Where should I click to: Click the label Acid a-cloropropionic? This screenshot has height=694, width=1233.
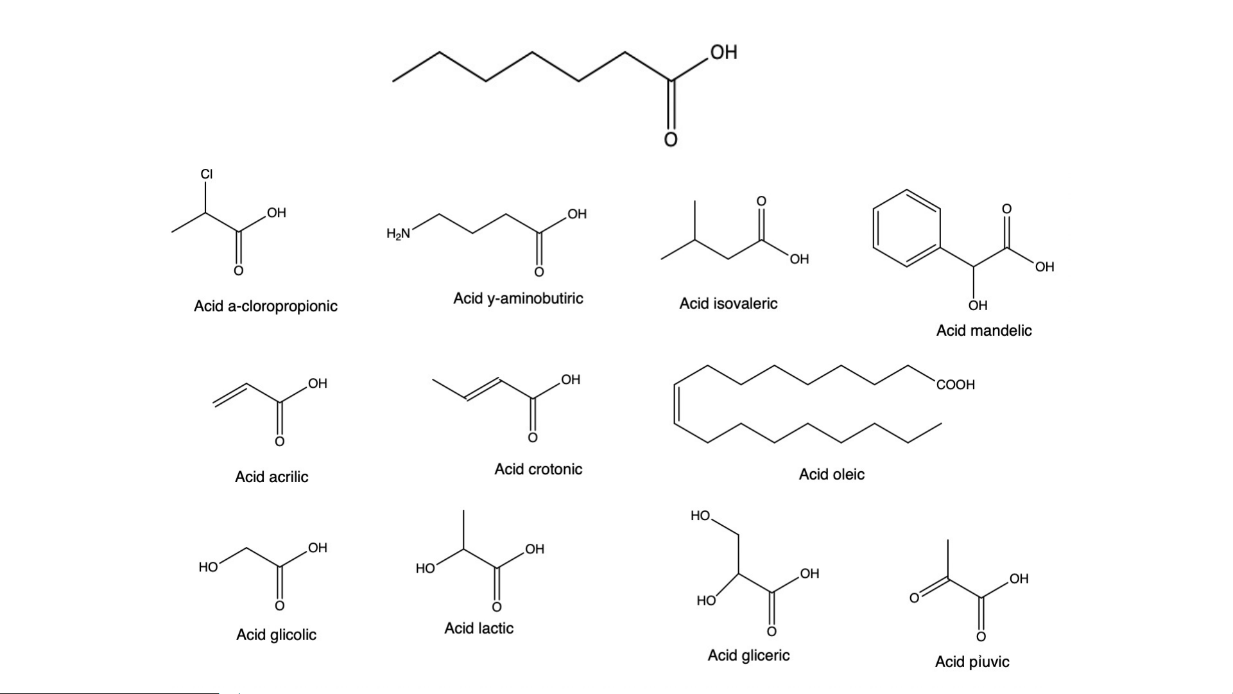[x=266, y=306]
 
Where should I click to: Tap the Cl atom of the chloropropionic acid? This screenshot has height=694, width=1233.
[x=206, y=174]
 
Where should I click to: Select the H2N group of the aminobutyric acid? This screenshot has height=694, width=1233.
[x=398, y=234]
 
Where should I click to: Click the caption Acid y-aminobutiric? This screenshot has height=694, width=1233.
[x=518, y=299]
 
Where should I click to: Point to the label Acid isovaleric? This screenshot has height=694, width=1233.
[x=728, y=304]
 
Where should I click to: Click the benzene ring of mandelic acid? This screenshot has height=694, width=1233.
[x=907, y=228]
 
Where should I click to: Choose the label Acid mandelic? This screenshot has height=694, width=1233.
[x=983, y=331]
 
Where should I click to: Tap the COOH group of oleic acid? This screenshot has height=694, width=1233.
[x=955, y=385]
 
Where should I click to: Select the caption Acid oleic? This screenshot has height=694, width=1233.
[x=831, y=474]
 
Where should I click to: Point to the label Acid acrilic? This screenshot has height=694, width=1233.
[x=272, y=477]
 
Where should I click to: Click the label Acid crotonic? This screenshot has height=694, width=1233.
[x=538, y=469]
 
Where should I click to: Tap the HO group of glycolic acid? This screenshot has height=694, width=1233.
[x=208, y=567]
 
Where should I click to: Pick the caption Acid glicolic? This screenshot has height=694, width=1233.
[x=276, y=635]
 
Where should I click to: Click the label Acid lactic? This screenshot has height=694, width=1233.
[x=479, y=629]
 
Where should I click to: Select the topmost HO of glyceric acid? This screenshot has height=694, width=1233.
[x=700, y=516]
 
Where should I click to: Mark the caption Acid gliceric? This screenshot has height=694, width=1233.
[x=748, y=655]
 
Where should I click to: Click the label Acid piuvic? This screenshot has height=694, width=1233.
[x=972, y=662]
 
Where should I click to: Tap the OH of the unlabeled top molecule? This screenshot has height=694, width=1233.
[x=723, y=53]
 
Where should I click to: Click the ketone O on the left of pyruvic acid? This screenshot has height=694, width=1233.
[x=914, y=598]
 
